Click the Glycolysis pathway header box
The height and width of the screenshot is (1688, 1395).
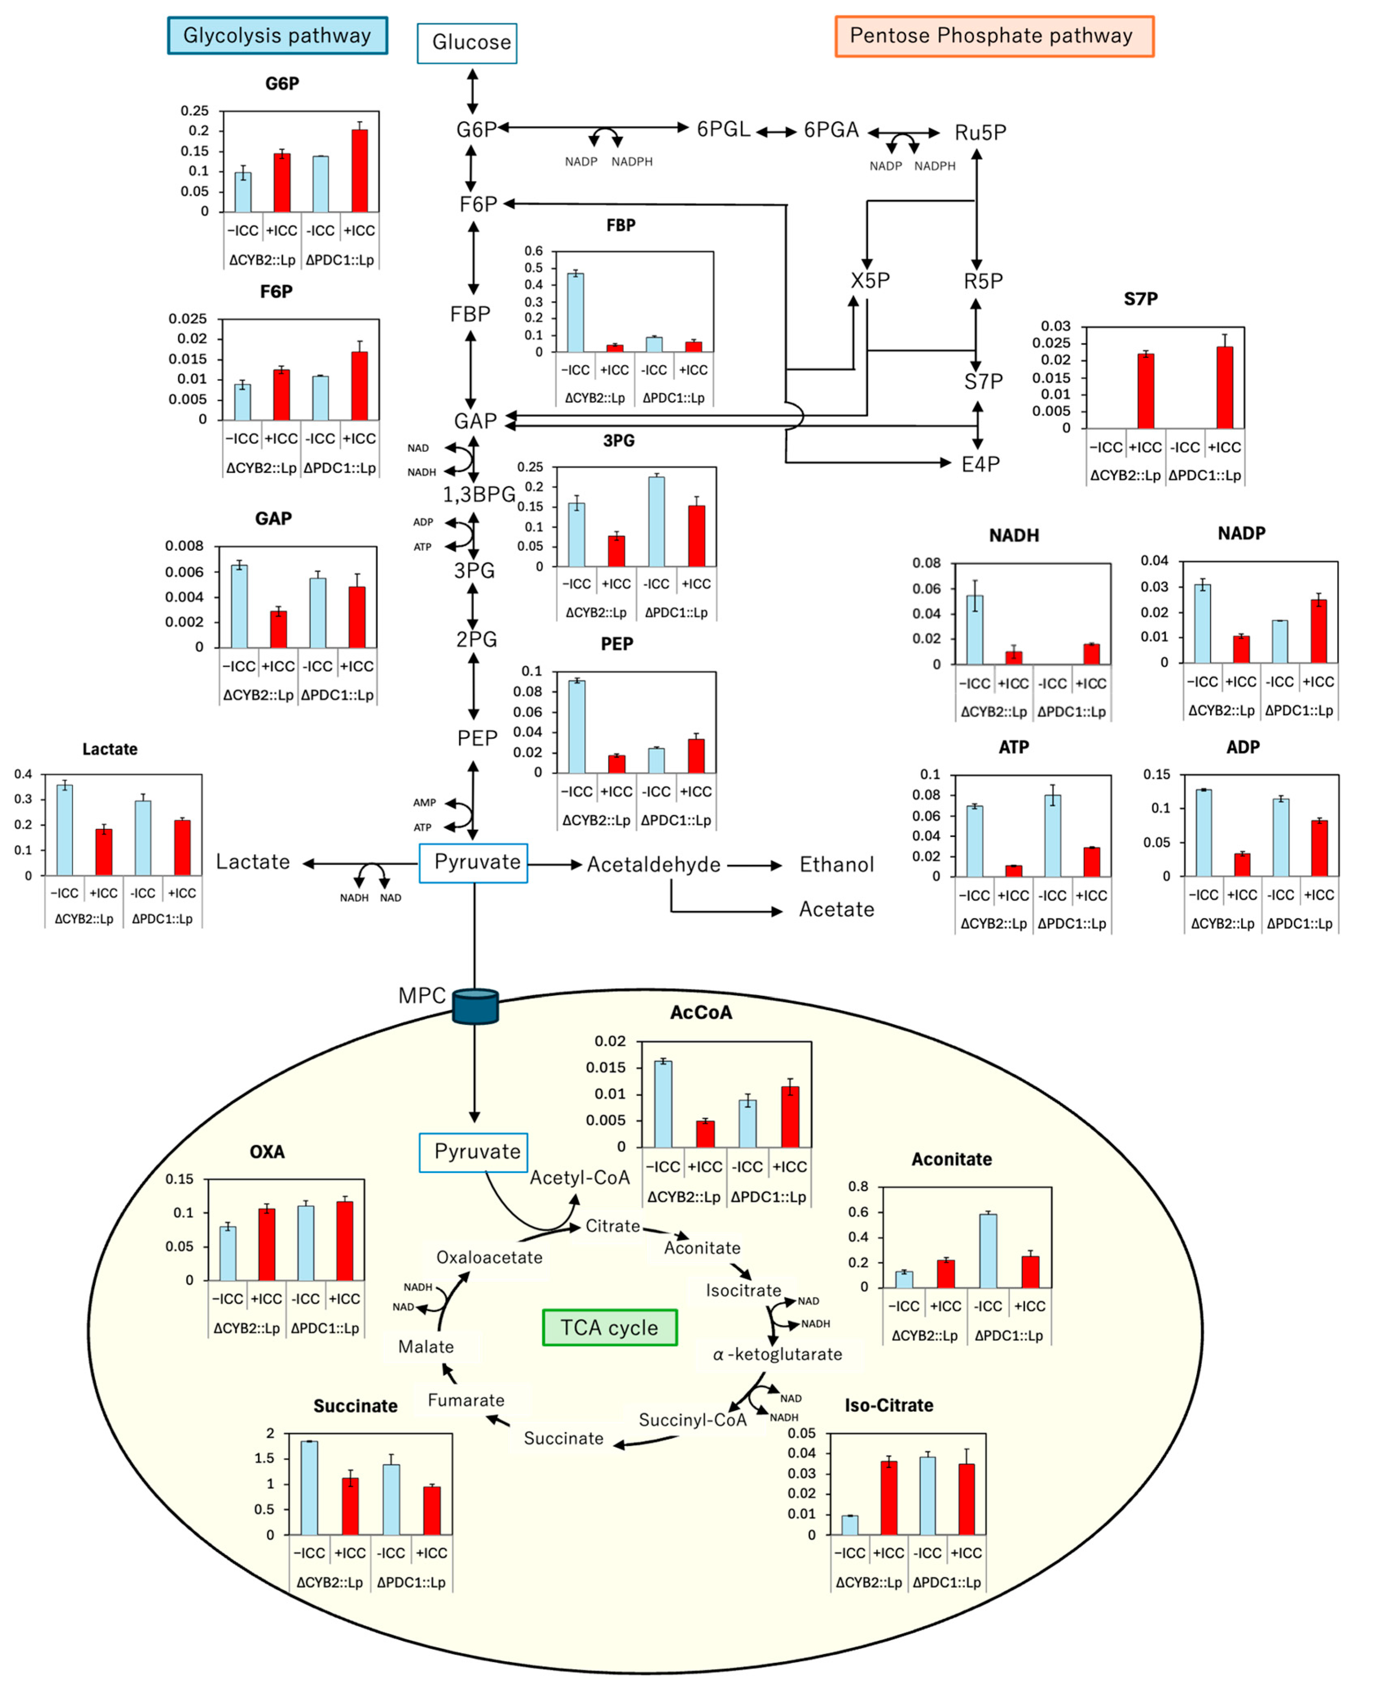tap(277, 35)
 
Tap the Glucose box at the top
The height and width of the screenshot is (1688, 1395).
tap(467, 43)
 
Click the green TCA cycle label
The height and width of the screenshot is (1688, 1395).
tap(610, 1327)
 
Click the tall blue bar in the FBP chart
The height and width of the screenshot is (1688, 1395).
tap(575, 313)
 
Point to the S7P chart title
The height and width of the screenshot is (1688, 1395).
tap(1140, 299)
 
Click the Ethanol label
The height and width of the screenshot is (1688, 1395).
tap(836, 864)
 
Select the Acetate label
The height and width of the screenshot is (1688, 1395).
tap(836, 910)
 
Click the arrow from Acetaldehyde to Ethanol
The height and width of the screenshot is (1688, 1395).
tap(755, 865)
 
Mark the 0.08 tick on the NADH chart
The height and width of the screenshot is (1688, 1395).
tap(926, 563)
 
